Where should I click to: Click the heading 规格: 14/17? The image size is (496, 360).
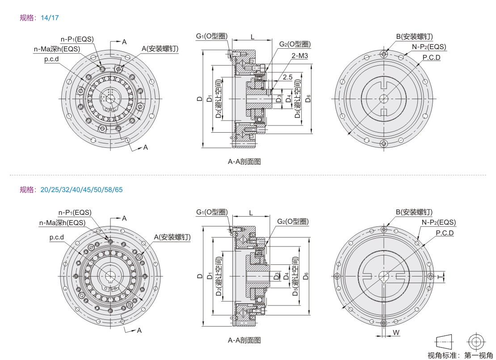(x=39, y=18)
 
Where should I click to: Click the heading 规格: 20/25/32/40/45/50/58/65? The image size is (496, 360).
(x=71, y=189)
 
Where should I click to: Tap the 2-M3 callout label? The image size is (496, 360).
(x=300, y=56)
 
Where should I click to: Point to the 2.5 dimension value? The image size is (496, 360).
(x=288, y=77)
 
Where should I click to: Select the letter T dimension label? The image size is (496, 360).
(x=440, y=277)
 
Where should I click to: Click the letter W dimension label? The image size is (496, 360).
(x=396, y=333)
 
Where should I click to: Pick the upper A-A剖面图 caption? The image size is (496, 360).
(x=244, y=162)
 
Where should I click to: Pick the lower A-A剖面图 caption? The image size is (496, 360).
(x=244, y=340)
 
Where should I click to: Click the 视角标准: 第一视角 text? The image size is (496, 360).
(x=460, y=356)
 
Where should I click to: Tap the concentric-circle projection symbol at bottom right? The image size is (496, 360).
(x=476, y=342)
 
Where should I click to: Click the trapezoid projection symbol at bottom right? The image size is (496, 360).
(x=444, y=342)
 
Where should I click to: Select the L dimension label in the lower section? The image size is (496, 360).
(x=251, y=213)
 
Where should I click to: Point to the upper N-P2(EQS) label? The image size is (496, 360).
(x=429, y=46)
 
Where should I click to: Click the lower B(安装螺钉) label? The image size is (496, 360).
(x=414, y=212)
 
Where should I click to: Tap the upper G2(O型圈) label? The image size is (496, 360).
(x=295, y=44)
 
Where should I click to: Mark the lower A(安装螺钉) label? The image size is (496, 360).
(x=172, y=237)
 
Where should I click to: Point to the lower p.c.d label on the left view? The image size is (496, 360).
(x=57, y=238)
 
